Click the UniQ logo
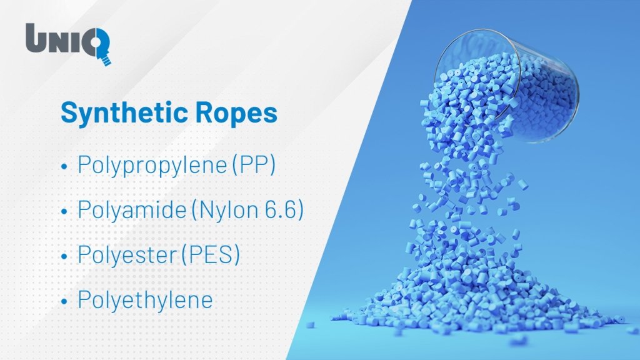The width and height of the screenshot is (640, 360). pos(68,43)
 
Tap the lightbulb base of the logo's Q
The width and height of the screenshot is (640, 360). pos(106,61)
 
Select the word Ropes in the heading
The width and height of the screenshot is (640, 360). pos(236,114)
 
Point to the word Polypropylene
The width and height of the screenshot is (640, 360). pos(152,165)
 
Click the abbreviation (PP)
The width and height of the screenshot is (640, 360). pos(254,165)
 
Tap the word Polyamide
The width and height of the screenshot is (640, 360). pos(132,210)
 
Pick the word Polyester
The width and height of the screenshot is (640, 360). pos(126,255)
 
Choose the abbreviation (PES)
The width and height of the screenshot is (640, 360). pos(210,255)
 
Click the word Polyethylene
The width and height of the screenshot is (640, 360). pos(145,300)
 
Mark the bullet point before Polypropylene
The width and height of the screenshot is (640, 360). pos(64,166)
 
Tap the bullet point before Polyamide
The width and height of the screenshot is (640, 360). pos(64,211)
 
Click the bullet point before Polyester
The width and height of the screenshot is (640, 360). pos(64,256)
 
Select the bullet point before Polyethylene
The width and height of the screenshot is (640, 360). pos(64,302)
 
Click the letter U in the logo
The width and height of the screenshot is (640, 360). pos(36,37)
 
